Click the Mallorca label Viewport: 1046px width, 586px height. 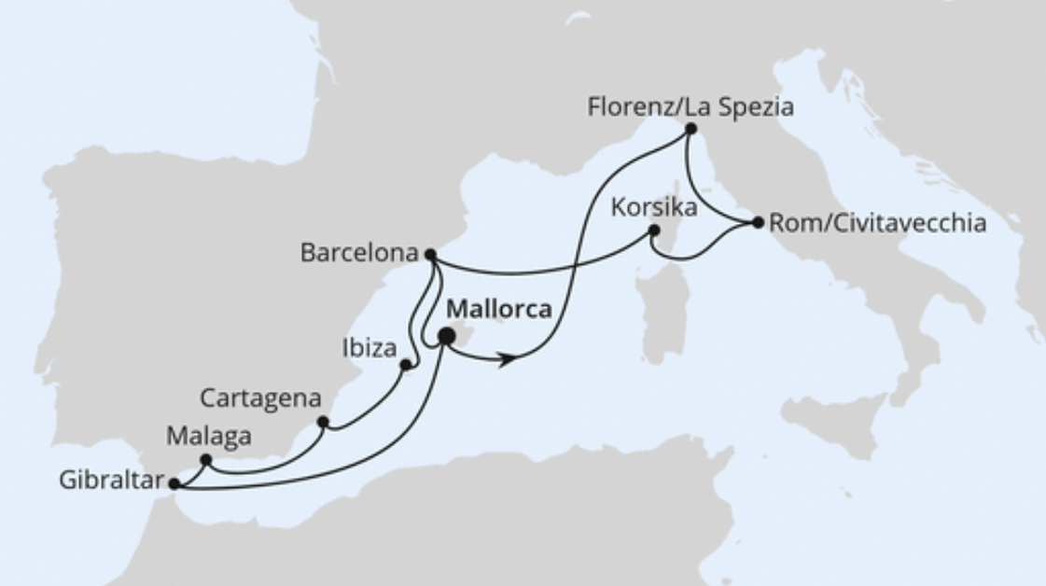coord(499,309)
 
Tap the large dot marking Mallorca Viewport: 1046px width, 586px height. coord(447,336)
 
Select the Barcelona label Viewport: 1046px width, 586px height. coord(359,253)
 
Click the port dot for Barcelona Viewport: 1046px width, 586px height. coord(430,253)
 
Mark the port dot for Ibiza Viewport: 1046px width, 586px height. coord(406,365)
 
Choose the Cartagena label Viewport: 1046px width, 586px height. coord(260,398)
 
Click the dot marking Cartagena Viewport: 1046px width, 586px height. coord(323,422)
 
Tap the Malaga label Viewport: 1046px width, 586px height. coord(209,435)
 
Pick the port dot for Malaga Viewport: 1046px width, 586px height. coord(206,459)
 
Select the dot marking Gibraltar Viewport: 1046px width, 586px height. coord(174,483)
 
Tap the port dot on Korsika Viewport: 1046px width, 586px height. coord(655,230)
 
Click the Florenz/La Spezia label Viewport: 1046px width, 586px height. coord(690,107)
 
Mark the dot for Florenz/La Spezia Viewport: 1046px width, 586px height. coord(690,129)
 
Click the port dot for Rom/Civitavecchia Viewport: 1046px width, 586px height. coord(758,223)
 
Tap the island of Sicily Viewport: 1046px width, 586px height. coord(830,426)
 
